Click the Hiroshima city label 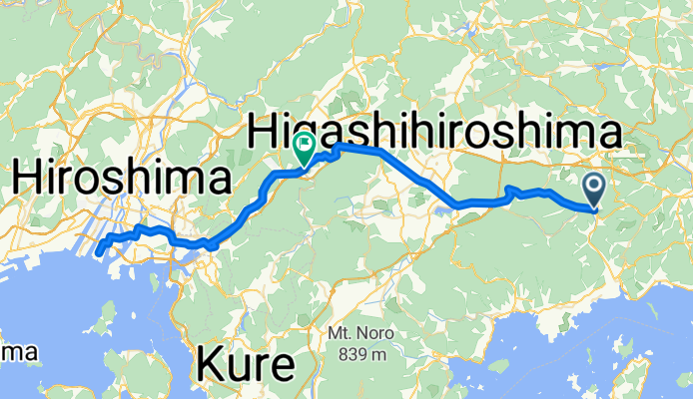[121, 182]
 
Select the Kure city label [247, 366]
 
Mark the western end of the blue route [98, 253]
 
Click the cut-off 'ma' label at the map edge [19, 352]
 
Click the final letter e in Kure [282, 368]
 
